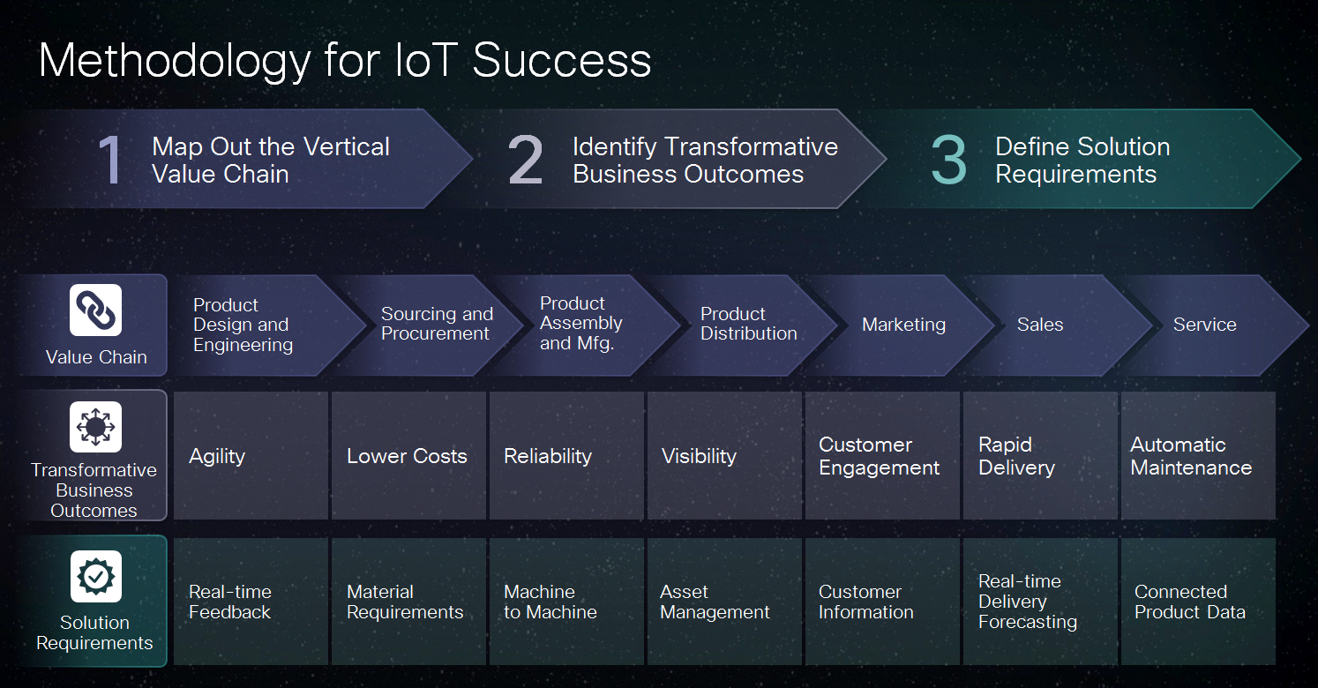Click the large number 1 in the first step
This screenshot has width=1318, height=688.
pyautogui.click(x=110, y=160)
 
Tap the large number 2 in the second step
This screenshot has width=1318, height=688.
pyautogui.click(x=526, y=160)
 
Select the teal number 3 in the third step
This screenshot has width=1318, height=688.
pyautogui.click(x=949, y=160)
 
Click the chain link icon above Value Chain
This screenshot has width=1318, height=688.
pyautogui.click(x=95, y=310)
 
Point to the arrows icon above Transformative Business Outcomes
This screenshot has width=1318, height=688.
pyautogui.click(x=95, y=427)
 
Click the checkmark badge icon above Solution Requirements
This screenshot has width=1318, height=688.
pyautogui.click(x=95, y=577)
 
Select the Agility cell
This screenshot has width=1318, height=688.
pyautogui.click(x=251, y=456)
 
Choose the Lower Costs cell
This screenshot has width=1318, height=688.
pyautogui.click(x=408, y=456)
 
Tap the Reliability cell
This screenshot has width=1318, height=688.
pyautogui.click(x=565, y=456)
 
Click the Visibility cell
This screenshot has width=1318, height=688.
pyautogui.click(x=723, y=456)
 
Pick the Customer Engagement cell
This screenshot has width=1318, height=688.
pyautogui.click(x=881, y=456)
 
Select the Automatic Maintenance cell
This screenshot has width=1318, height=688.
pyautogui.click(x=1197, y=456)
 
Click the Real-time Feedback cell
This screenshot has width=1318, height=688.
pyautogui.click(x=251, y=602)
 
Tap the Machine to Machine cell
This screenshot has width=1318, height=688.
pyautogui.click(x=565, y=602)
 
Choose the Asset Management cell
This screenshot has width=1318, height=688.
pyautogui.click(x=723, y=602)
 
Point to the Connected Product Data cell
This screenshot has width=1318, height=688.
pyautogui.click(x=1197, y=602)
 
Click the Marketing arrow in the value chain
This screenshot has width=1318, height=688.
pyautogui.click(x=903, y=325)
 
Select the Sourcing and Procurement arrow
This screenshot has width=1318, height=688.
pyautogui.click(x=436, y=325)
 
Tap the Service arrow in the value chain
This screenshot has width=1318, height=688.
pyautogui.click(x=1204, y=325)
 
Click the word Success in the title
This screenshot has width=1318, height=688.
pyautogui.click(x=561, y=61)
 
